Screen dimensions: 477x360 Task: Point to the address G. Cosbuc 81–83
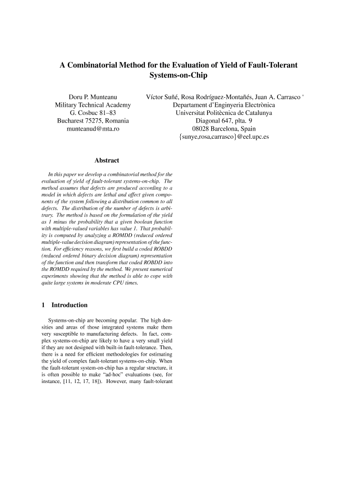[x=93, y=113]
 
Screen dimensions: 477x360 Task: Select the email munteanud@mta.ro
[x=93, y=129]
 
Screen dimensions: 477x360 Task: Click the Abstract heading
[x=107, y=161]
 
